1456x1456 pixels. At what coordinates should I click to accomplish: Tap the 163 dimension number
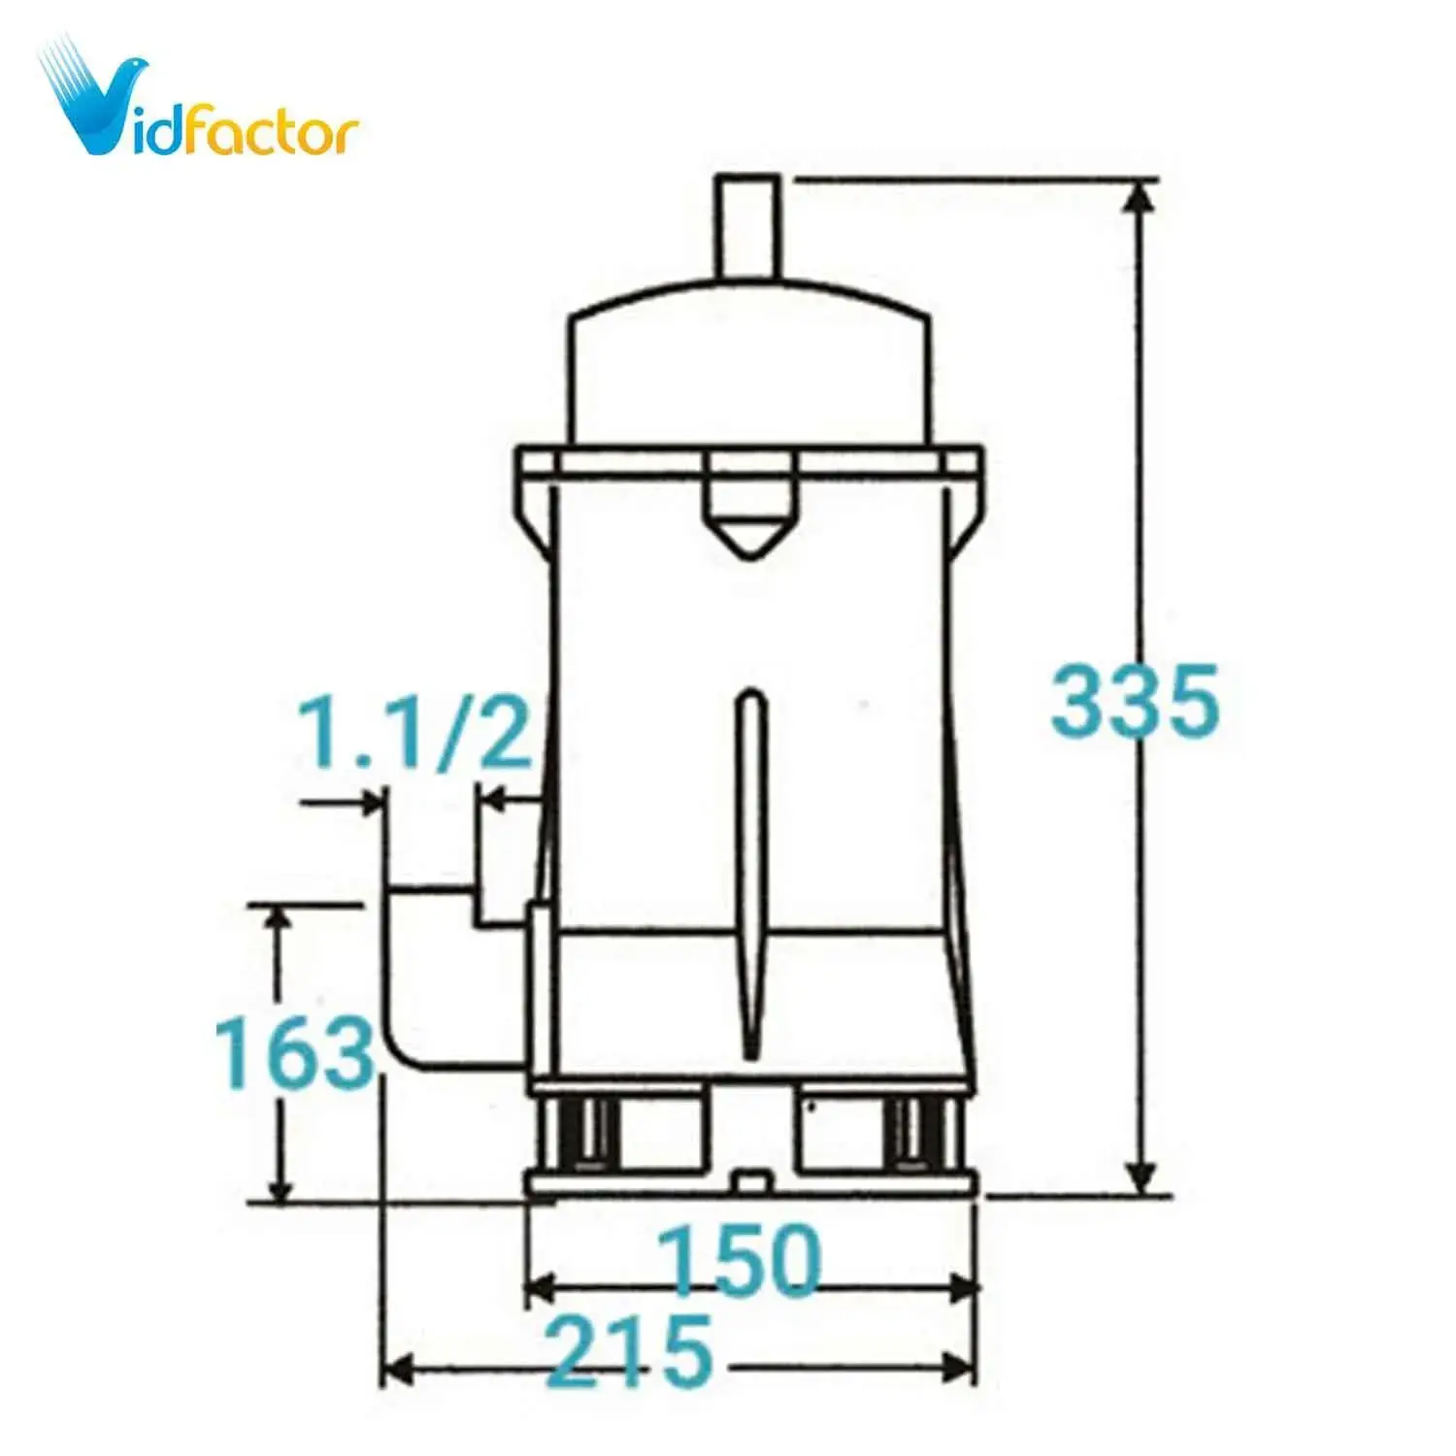(294, 1051)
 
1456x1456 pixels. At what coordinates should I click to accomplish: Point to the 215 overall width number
(632, 1350)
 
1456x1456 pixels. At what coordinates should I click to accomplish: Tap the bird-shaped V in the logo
(94, 97)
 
